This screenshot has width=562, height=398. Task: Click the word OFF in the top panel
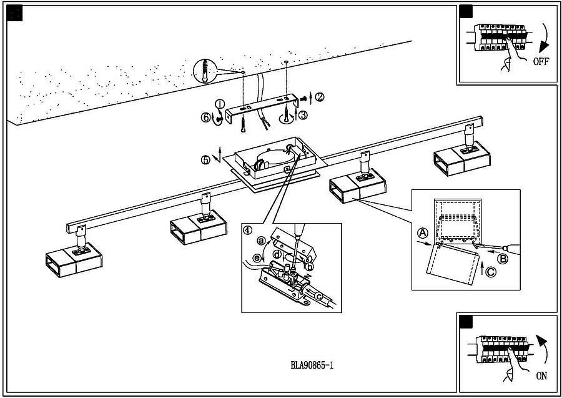541,62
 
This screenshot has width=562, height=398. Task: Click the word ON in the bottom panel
541,377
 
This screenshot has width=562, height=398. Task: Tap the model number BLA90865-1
312,366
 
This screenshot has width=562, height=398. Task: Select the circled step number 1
220,104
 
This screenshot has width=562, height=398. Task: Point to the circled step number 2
320,97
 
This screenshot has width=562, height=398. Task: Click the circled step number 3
302,115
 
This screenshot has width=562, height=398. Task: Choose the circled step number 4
248,230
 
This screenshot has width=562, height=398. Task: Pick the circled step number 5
205,159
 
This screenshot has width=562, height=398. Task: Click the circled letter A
423,232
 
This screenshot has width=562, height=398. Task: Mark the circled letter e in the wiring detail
257,258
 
